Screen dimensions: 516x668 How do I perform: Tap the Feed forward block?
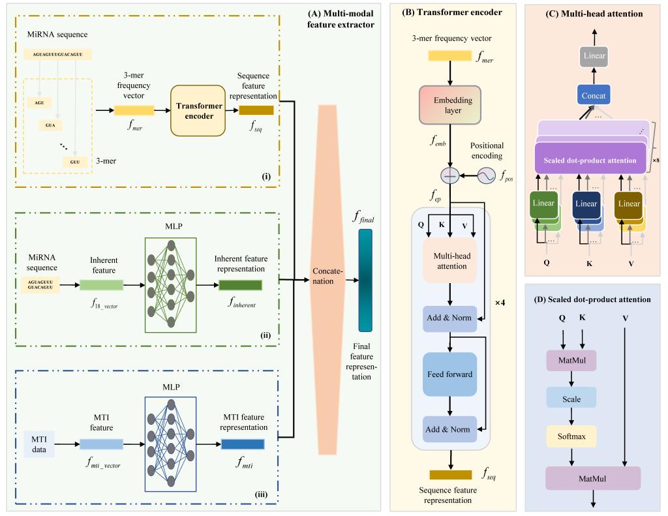(x=449, y=374)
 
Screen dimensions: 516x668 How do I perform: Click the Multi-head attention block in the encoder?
(x=449, y=260)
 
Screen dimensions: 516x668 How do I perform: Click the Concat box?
(x=594, y=96)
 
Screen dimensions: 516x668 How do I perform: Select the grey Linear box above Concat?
(x=594, y=56)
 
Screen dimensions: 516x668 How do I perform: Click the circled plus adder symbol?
(x=449, y=175)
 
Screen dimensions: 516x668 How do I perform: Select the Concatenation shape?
(x=324, y=280)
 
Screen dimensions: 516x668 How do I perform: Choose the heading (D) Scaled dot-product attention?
(x=592, y=299)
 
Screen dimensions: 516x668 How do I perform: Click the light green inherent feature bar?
(x=101, y=285)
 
